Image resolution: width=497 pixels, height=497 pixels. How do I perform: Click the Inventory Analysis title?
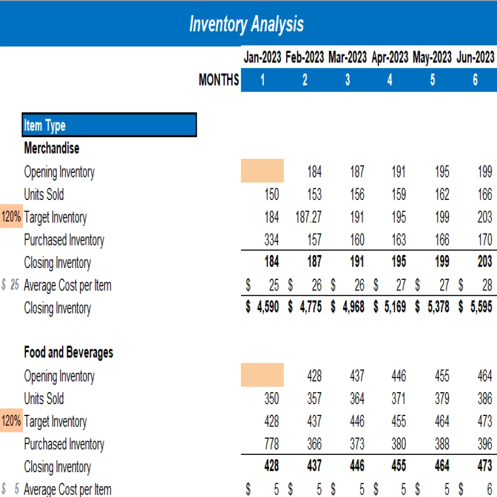(247, 24)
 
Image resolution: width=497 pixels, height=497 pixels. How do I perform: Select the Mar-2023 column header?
(347, 58)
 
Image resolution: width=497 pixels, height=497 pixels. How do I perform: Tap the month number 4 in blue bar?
(390, 80)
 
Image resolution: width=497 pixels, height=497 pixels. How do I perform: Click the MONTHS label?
(219, 80)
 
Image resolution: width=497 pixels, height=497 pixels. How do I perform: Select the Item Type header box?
(109, 125)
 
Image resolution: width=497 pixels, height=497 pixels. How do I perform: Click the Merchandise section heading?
(52, 148)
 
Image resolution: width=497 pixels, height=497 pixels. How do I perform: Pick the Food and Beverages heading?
(69, 353)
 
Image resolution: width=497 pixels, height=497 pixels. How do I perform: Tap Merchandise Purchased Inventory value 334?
(271, 240)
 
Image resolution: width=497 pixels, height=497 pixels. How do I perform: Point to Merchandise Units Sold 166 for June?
(485, 194)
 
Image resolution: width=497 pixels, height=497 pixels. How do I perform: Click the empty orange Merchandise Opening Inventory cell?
(262, 171)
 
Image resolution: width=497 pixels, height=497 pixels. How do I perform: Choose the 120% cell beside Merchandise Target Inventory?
(11, 217)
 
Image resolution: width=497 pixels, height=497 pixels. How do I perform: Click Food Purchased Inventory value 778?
(271, 444)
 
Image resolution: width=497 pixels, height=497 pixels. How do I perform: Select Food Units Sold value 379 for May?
(442, 399)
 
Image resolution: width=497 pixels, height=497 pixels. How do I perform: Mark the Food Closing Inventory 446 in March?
(357, 467)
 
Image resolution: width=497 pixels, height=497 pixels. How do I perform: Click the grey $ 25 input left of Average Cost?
(11, 285)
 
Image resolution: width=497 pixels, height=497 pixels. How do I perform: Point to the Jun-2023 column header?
(475, 58)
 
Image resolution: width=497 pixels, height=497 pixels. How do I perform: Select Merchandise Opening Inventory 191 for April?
(399, 172)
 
